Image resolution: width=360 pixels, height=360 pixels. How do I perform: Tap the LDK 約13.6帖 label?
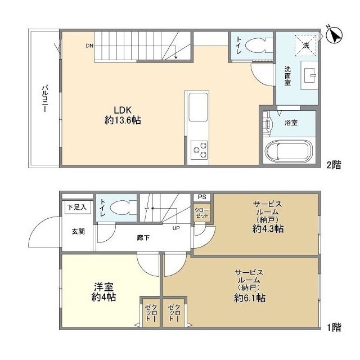pos(123,115)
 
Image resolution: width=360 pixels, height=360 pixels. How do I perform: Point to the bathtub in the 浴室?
pos(288,151)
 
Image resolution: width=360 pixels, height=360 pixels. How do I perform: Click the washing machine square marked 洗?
pos(306,46)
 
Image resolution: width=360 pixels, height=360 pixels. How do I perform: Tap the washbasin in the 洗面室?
pos(308,74)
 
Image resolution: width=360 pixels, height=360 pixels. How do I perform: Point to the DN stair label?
pos(89,46)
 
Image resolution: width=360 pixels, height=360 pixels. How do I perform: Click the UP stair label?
pos(176,228)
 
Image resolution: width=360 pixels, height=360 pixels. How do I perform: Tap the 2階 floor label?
pos(334,165)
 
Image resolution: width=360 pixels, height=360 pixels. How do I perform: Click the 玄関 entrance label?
pos(78,231)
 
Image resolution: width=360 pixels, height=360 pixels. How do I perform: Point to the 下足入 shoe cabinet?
pos(77,208)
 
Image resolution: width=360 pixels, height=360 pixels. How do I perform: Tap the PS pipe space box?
pos(201,197)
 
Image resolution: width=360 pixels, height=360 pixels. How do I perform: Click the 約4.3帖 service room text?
pos(267,229)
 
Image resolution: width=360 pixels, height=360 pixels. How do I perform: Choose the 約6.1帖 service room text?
pos(250,298)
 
